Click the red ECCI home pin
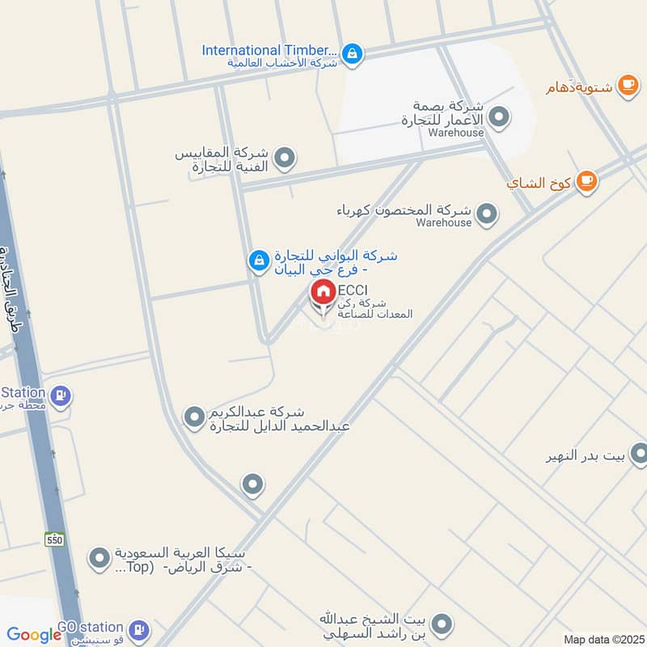pos(323,294)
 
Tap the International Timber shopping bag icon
pos(352,54)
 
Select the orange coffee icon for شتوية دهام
pos(627,84)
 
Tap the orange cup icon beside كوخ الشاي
pos(587,183)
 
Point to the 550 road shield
pos(54,539)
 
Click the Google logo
pos(34,636)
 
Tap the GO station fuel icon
pos(139,629)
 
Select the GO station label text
pos(90,628)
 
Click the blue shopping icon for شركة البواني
pos(258,260)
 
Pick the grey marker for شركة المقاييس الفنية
pos(284,159)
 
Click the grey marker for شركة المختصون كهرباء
pos(486,214)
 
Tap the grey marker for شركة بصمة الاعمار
pos(500,118)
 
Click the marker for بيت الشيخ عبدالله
pos(442,624)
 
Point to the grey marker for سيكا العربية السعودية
pos(99,558)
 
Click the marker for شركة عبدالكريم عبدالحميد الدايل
pos(194,417)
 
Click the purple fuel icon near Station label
pos(60,396)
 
